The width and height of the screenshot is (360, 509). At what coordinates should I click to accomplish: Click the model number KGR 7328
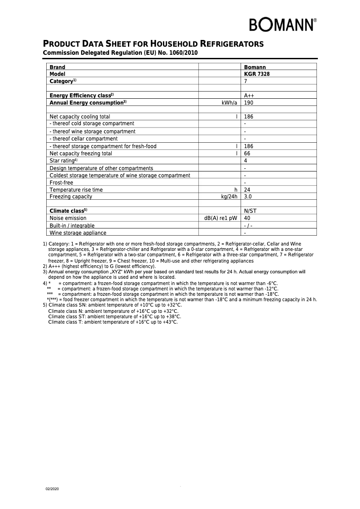point(257,74)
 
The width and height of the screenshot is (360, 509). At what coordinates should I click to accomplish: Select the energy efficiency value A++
point(249,96)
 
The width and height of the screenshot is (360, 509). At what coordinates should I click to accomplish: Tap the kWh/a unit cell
point(229,103)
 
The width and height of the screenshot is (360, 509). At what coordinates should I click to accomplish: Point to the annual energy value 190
point(249,103)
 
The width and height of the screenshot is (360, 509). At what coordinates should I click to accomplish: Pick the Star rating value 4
point(246,161)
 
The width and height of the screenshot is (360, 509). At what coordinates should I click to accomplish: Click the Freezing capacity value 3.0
point(248,197)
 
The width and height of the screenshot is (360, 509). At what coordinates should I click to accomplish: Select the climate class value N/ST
point(250,211)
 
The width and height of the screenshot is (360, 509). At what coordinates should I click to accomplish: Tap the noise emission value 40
point(247,218)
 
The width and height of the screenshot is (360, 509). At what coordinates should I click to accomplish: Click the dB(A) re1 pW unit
point(220,218)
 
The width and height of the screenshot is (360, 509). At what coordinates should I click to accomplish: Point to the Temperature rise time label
point(76,190)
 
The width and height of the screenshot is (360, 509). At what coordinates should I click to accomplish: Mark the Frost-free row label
point(61,183)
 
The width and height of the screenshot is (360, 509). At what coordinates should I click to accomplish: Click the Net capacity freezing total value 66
point(247,154)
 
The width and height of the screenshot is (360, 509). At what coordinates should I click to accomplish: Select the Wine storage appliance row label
point(78,233)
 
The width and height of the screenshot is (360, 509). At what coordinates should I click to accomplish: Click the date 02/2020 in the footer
point(52,488)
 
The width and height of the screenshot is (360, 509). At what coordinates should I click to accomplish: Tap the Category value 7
point(246,81)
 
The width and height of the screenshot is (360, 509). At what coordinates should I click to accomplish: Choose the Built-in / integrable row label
point(72,226)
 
